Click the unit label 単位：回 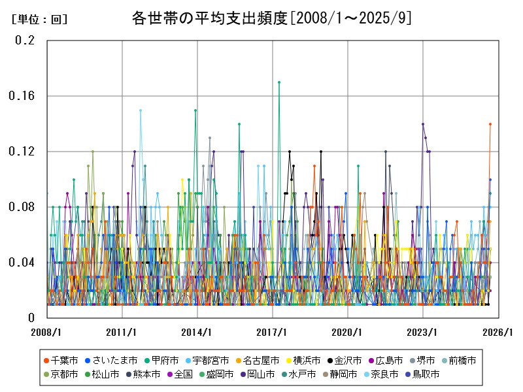tap(39, 20)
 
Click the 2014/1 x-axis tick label tap(197, 332)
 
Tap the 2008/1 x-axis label tap(47, 332)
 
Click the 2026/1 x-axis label tap(499, 332)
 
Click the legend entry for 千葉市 tap(64, 361)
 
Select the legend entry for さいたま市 tap(115, 361)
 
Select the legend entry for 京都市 tap(64, 374)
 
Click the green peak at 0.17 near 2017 tap(279, 82)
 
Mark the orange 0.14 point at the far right tap(490, 124)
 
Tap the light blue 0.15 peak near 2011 tap(140, 110)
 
